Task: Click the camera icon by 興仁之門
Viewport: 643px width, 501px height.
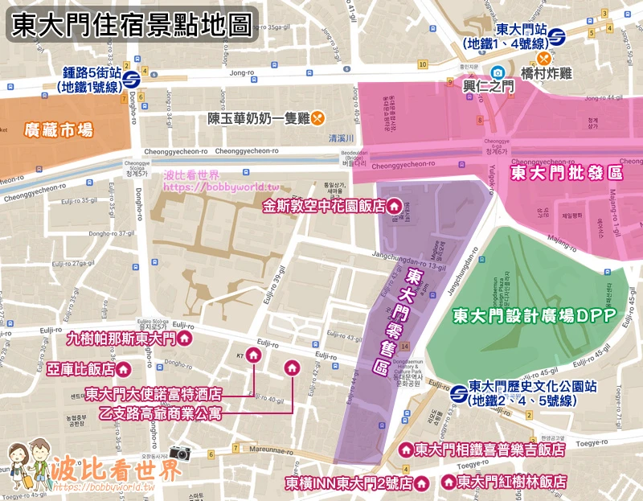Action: coord(498,72)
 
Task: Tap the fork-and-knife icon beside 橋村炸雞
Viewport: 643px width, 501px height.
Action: coord(545,58)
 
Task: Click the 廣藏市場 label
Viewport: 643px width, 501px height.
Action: coord(59,129)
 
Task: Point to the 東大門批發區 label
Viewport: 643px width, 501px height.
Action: coord(567,173)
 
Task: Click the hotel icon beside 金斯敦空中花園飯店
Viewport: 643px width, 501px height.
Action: coord(394,207)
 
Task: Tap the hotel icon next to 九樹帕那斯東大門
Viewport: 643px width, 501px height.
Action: coord(184,339)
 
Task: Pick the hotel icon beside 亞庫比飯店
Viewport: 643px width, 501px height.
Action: coord(124,369)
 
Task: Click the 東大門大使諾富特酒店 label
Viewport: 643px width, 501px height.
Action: coord(154,395)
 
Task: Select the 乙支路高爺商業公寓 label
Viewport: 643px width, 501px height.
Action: coord(154,413)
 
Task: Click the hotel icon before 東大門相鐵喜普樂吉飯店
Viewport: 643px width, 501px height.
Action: coord(406,450)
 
